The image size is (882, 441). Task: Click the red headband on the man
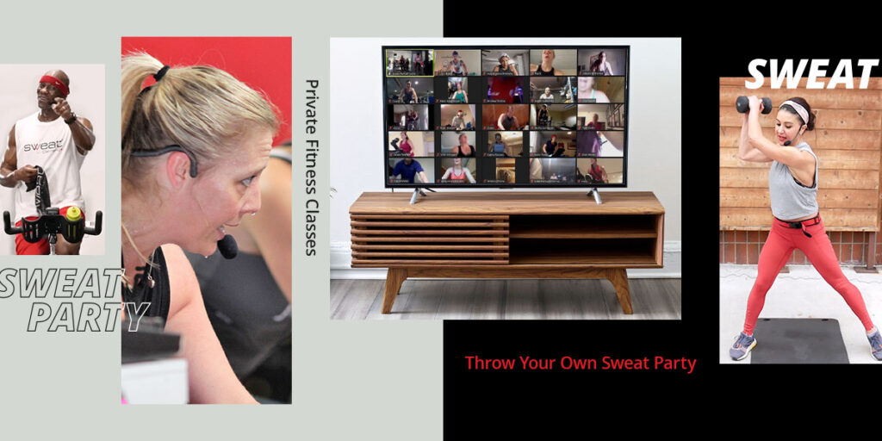(54, 83)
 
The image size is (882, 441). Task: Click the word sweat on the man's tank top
(42, 147)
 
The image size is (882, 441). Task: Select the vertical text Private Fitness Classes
(311, 167)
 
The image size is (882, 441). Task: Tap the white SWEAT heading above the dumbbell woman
(811, 74)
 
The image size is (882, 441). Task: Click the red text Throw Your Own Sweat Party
(580, 363)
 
